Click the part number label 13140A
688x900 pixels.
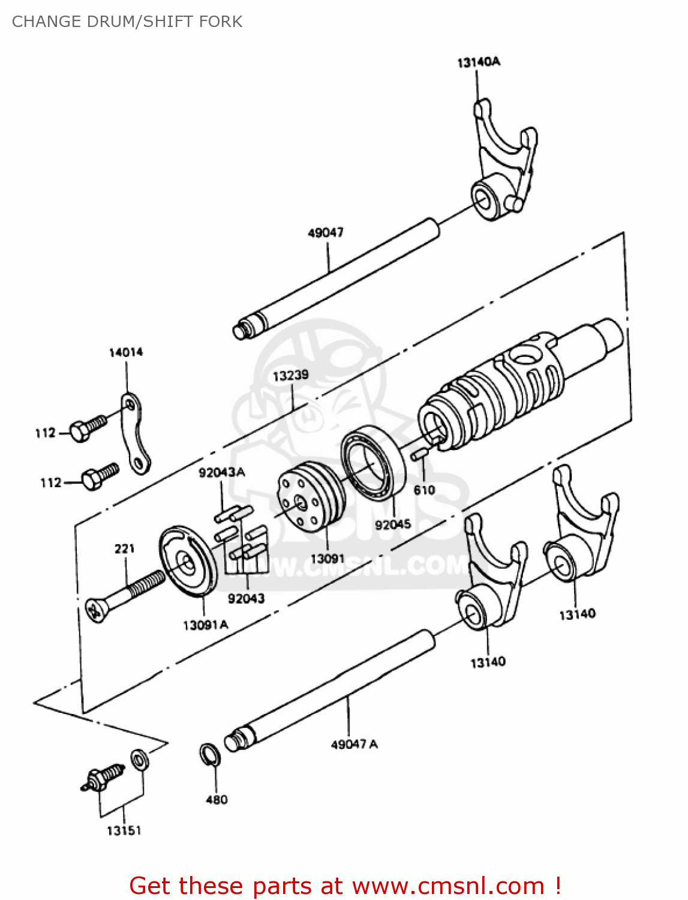pos(478,62)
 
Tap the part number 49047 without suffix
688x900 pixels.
pos(325,232)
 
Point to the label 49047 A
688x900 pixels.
pos(354,744)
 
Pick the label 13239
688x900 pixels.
pos(290,376)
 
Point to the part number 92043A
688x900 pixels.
pos(221,472)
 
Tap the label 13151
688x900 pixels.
pos(124,830)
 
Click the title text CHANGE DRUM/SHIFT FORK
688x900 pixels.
pos(127,22)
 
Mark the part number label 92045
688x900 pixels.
pos(393,524)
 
